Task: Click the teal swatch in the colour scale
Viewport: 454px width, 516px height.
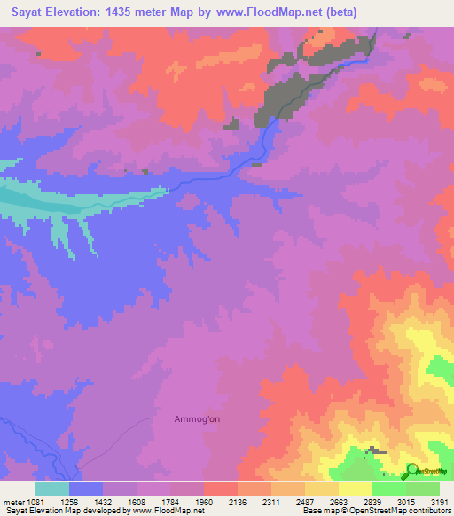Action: point(51,488)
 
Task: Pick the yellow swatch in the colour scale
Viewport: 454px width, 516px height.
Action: point(356,488)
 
